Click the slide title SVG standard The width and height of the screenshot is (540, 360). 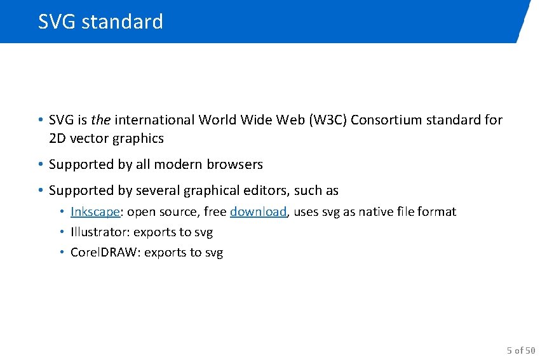coord(100,22)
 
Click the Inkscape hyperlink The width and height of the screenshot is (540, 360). coord(95,212)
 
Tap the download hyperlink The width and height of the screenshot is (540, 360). coord(258,212)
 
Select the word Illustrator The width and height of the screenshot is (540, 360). coord(100,232)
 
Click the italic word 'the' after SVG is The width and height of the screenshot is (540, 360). coord(100,120)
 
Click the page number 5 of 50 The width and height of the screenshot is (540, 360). coord(521,350)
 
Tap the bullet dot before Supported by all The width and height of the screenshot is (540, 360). coord(40,164)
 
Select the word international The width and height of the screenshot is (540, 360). coord(154,120)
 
